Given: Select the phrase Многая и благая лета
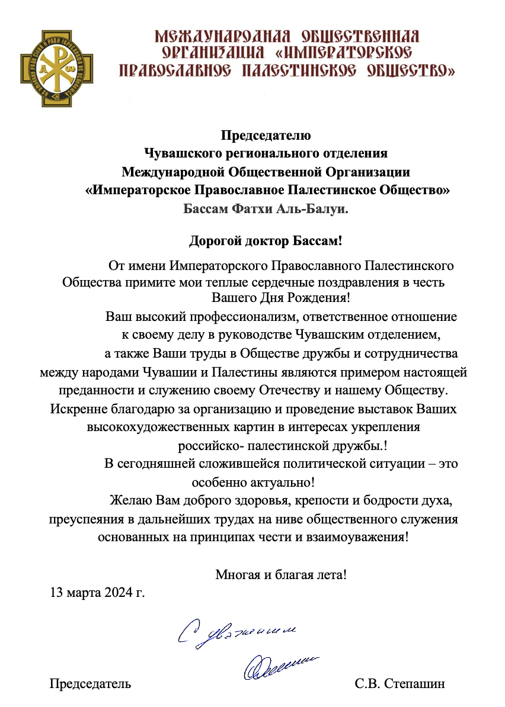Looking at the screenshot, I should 280,574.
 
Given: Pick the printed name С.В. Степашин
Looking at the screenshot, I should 399,684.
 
